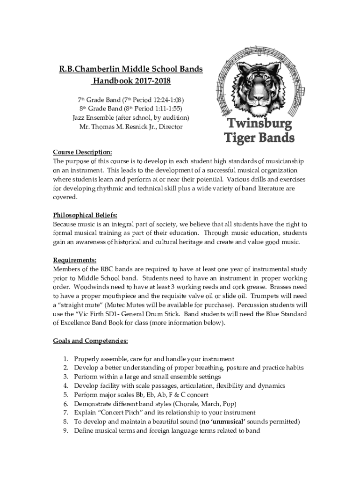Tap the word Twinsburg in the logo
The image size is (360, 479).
coord(259,124)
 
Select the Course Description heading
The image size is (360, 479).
coord(82,152)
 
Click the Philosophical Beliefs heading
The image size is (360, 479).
coord(85,215)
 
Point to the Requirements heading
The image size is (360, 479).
coord(75,260)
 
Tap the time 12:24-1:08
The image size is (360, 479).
coord(167,100)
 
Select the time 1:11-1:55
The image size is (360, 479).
coord(165,109)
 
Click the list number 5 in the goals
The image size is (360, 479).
coord(66,395)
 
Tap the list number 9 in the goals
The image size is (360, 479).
coord(66,430)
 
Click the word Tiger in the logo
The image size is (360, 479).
coord(239,138)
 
